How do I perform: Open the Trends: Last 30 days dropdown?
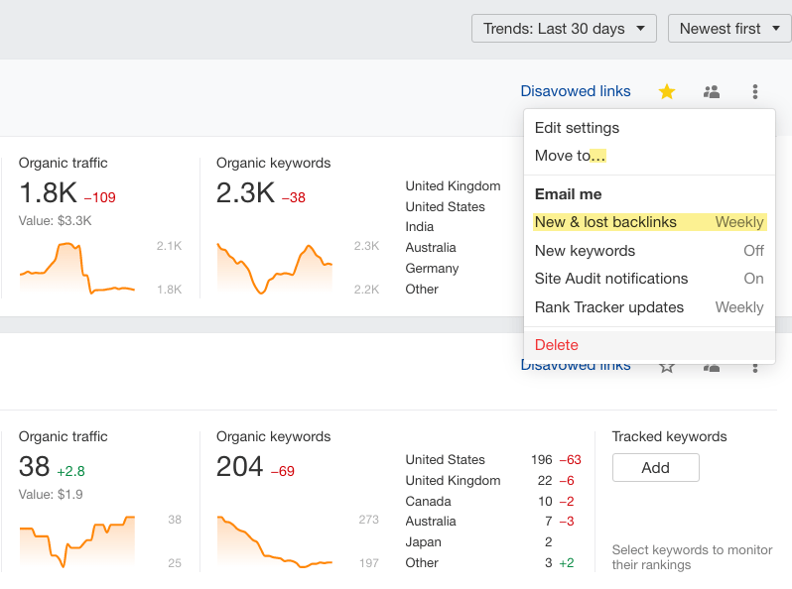(x=564, y=29)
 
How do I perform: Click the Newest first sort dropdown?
(x=728, y=29)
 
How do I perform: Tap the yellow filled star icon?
(x=667, y=92)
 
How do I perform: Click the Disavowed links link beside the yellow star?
(x=576, y=91)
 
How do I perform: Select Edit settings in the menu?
(x=577, y=128)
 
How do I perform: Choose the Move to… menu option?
(x=570, y=156)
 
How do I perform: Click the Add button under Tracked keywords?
(x=655, y=468)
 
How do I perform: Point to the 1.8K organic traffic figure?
(x=46, y=193)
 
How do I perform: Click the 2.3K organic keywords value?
(x=245, y=193)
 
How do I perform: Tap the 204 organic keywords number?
(x=239, y=466)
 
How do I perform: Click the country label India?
(x=419, y=227)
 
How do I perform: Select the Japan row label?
(x=423, y=542)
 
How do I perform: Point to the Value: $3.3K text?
(x=55, y=220)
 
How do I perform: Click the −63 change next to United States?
(x=570, y=460)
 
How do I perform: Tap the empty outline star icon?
(x=667, y=367)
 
